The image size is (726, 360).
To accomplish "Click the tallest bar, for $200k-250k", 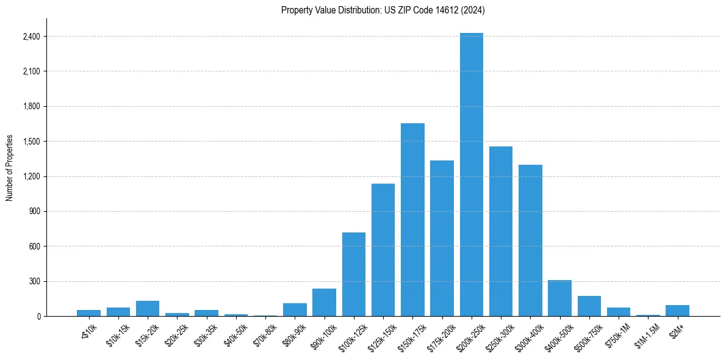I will [x=472, y=175].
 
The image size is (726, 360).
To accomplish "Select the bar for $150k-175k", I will [x=412, y=220].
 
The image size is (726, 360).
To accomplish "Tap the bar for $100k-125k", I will [x=354, y=275].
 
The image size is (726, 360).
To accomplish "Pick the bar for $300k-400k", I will [x=530, y=240].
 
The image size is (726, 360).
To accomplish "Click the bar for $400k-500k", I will [x=559, y=298].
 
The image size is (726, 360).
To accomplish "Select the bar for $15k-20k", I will [x=148, y=309].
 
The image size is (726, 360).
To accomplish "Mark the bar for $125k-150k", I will [x=383, y=250].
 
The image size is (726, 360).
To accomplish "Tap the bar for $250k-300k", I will [x=501, y=231].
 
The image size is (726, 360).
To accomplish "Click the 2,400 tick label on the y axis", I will [x=30, y=37].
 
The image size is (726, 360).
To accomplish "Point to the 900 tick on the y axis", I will [x=35, y=212].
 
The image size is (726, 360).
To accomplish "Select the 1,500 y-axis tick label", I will [x=30, y=142].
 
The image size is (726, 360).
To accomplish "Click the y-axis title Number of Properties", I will [x=9, y=168].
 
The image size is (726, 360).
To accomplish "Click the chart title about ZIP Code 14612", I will [x=383, y=10].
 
